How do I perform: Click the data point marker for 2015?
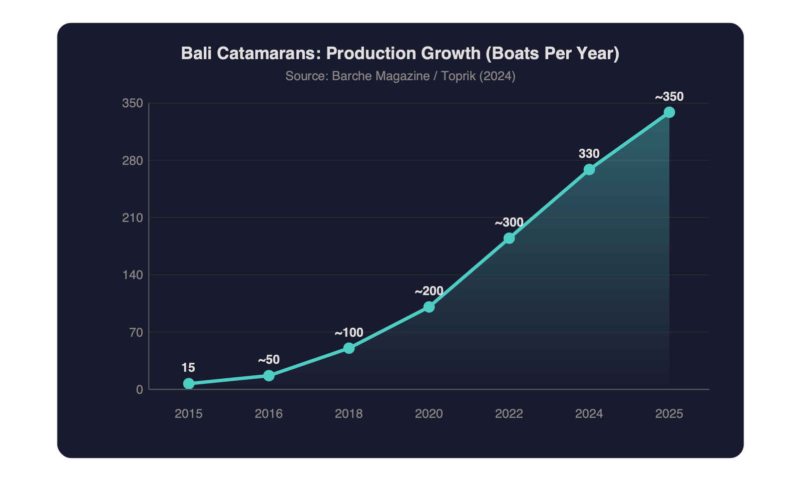point(189,383)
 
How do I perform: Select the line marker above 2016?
point(269,375)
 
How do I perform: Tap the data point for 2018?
point(349,348)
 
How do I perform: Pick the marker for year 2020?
point(429,307)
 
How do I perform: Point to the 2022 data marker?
point(509,238)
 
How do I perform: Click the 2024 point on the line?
point(589,170)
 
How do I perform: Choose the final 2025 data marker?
point(669,112)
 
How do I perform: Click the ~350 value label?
point(669,97)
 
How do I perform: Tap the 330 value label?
point(589,154)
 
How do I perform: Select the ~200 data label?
point(429,291)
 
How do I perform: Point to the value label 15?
point(188,368)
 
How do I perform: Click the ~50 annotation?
point(269,360)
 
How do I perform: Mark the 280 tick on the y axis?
point(133,161)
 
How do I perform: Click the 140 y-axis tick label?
point(133,275)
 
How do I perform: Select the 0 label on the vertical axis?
point(139,390)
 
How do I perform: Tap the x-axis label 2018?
point(349,414)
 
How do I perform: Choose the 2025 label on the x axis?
point(669,414)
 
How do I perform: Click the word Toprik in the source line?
point(458,76)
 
